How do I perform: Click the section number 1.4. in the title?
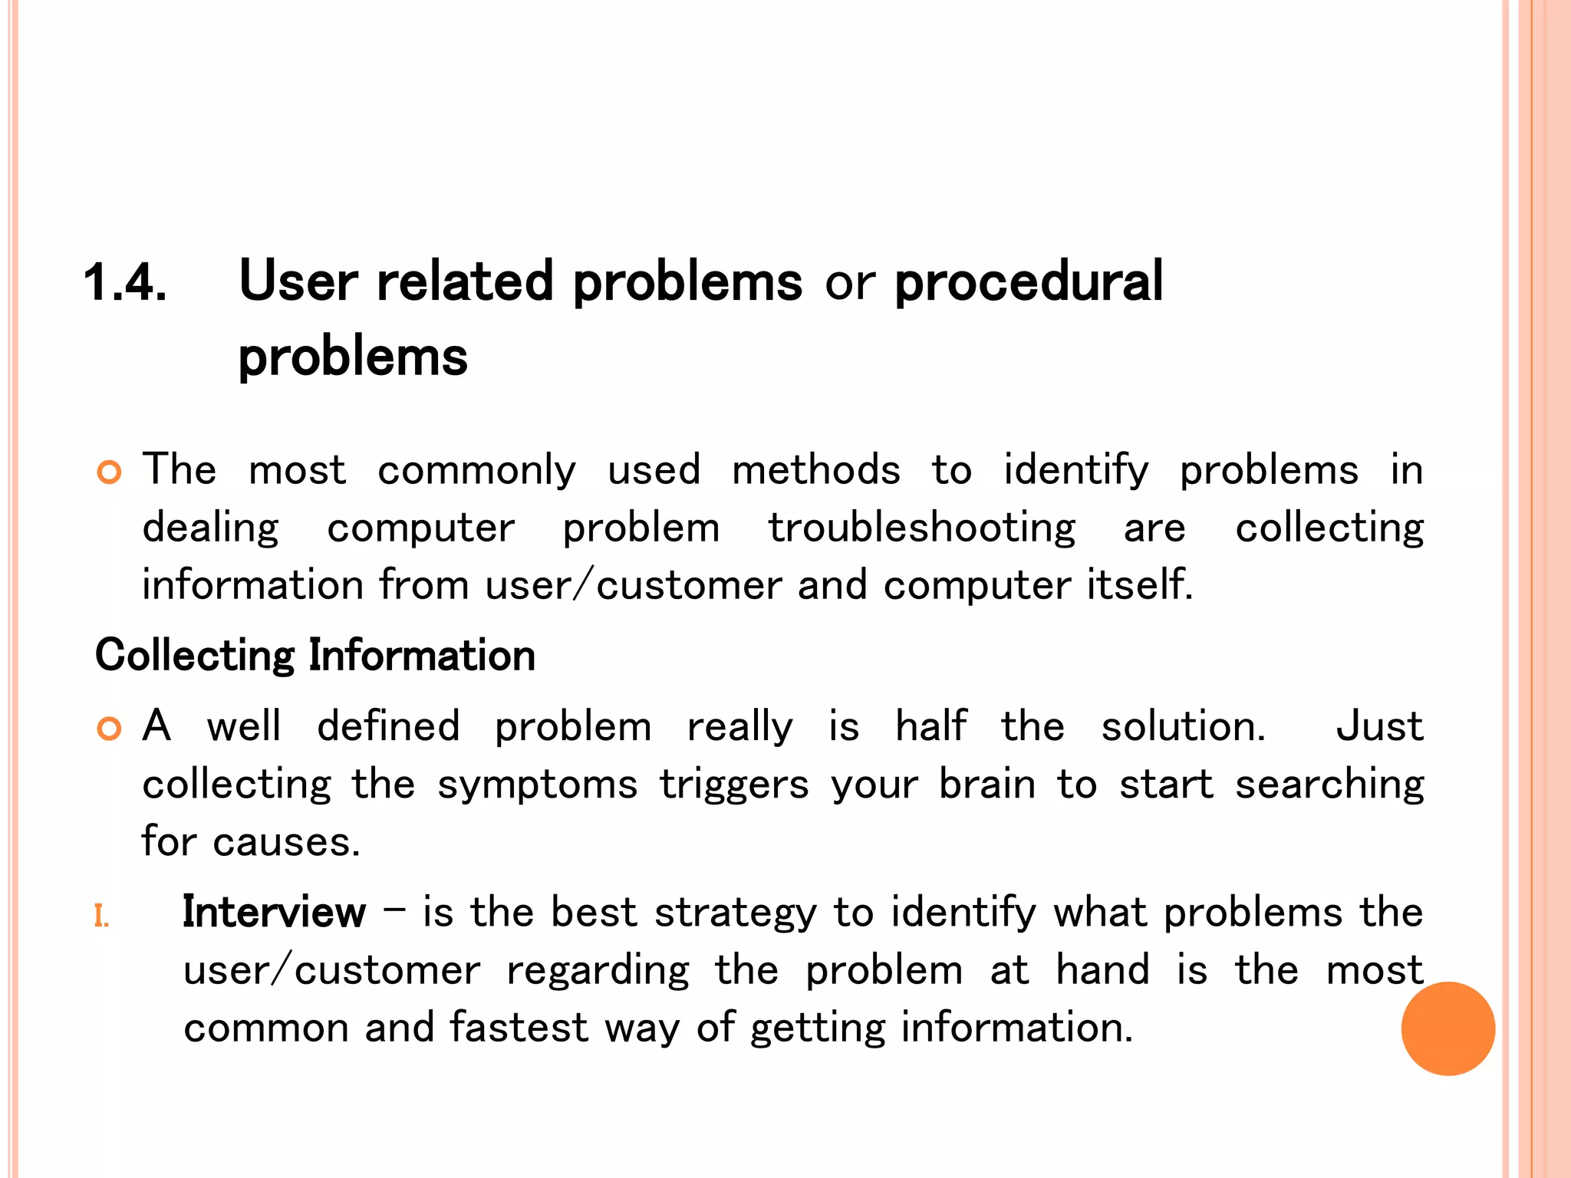click(x=125, y=282)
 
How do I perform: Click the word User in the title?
click(x=298, y=281)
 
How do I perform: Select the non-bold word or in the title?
click(x=849, y=282)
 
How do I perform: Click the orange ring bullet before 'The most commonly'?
click(x=110, y=472)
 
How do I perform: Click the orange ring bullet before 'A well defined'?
click(x=110, y=729)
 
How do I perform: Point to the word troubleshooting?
click(x=922, y=528)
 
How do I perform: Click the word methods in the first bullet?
click(x=816, y=469)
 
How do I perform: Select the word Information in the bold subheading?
click(x=422, y=656)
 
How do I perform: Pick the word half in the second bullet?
click(x=930, y=726)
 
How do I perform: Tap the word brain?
click(x=987, y=784)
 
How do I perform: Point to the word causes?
click(x=285, y=842)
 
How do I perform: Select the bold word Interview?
click(x=274, y=913)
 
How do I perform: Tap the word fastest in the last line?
click(x=519, y=1028)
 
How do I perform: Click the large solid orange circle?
click(x=1447, y=1028)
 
